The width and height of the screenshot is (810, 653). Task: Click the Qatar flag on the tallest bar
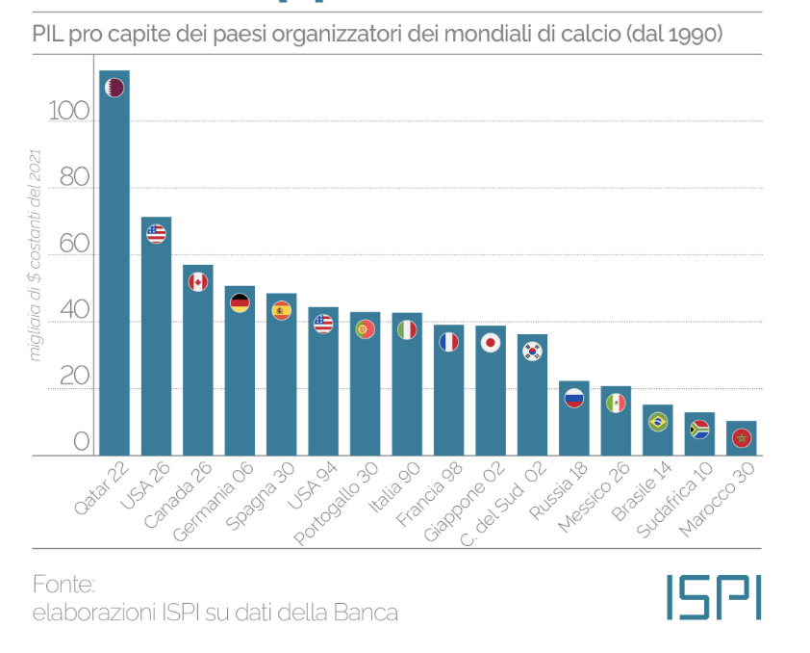coord(114,88)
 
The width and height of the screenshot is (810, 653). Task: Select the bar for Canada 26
coord(197,366)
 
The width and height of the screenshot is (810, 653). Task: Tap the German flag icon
coord(240,302)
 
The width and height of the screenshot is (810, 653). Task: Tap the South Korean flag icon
coord(532,352)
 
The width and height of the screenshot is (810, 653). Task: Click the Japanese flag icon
coord(491,342)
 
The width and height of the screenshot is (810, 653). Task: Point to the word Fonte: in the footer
coord(64,585)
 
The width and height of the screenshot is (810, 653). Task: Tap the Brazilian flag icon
coord(658,421)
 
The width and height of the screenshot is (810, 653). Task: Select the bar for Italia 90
coord(407,385)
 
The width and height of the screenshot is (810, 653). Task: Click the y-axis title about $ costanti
coord(36,255)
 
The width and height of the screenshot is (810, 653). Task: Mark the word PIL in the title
coord(47,36)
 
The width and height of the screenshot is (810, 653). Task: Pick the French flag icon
coord(448,341)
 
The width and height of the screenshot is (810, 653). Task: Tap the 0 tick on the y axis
coord(82,442)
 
